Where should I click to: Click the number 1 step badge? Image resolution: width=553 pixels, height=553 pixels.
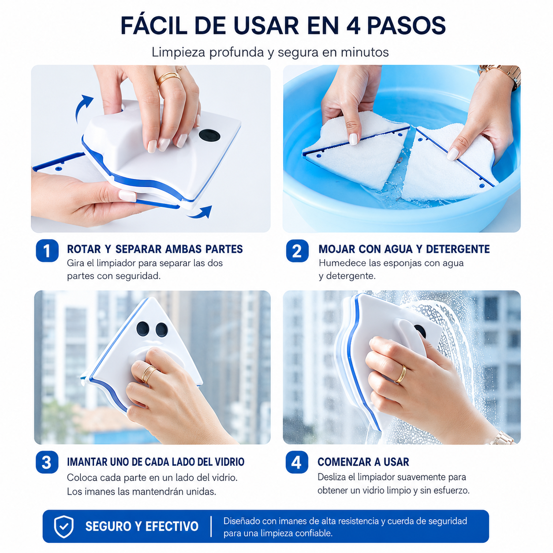(47, 250)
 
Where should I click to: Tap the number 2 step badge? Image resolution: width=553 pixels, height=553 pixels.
(297, 250)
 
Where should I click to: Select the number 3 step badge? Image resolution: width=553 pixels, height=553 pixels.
(47, 462)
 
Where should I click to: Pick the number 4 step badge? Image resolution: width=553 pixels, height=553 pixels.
(297, 462)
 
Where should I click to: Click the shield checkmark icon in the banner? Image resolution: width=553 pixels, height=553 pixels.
(64, 526)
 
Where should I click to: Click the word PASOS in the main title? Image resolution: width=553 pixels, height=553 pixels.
(406, 26)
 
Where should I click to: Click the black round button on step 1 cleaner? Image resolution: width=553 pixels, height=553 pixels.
(209, 135)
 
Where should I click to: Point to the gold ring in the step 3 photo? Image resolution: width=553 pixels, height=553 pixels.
(149, 374)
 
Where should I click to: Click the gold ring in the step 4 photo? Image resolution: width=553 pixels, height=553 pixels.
(401, 374)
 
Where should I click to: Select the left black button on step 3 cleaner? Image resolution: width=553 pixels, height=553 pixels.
(142, 329)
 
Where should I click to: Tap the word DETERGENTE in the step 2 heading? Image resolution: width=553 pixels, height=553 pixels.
(458, 249)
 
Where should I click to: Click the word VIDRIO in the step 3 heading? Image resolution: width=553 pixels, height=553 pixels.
(229, 462)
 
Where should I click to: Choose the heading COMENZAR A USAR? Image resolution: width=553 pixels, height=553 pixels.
(363, 462)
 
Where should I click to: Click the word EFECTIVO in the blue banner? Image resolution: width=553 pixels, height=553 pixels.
(172, 526)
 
